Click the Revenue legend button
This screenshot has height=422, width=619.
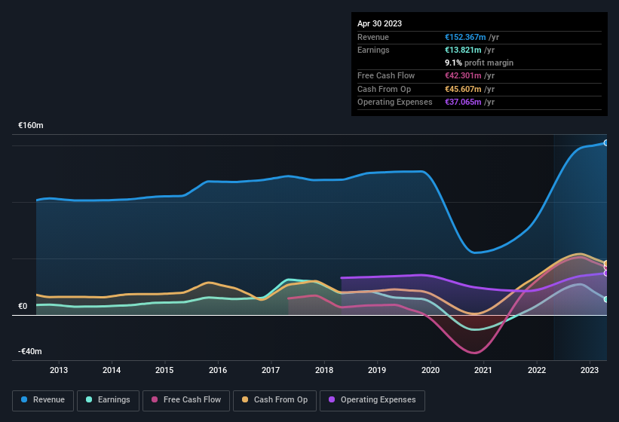43,400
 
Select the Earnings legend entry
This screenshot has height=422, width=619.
107,400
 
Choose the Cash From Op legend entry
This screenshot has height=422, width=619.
274,400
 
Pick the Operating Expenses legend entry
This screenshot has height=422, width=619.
372,400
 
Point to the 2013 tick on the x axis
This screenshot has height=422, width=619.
59,370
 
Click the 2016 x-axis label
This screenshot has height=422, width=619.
218,370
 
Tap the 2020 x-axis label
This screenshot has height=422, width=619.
431,370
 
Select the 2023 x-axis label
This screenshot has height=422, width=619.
590,370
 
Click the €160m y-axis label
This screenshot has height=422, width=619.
31,126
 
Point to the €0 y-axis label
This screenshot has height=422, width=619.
23,306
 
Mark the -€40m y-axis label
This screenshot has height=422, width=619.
30,351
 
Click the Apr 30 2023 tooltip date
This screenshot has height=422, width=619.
379,23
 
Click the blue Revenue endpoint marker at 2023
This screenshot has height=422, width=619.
605,142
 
